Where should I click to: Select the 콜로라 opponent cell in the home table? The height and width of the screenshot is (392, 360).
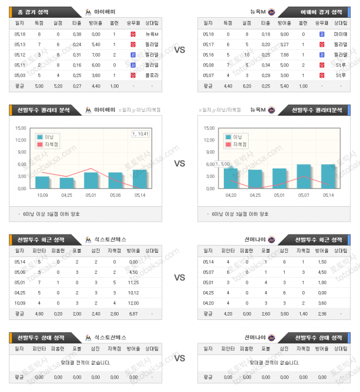tap(152, 75)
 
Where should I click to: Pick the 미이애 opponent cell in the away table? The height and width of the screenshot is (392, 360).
tap(341, 34)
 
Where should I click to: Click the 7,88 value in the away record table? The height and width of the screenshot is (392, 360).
tap(285, 54)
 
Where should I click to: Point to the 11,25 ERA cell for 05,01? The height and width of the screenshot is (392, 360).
tap(133, 282)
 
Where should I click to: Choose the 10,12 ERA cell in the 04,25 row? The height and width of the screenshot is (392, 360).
tap(133, 292)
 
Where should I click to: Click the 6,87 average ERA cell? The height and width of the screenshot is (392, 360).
tap(133, 313)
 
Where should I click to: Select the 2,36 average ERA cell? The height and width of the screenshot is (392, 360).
tap(322, 313)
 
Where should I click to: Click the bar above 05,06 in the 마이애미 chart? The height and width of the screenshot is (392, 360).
tap(115, 181)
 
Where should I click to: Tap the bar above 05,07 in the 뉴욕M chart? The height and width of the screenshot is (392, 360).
tap(304, 176)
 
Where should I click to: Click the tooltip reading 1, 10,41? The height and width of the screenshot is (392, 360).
tap(141, 134)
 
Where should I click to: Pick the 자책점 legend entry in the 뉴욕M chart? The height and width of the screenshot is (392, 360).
tap(239, 144)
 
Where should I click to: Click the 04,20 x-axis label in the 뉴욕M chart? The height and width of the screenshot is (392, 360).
tap(231, 195)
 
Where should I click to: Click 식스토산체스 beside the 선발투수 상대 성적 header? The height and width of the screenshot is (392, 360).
tap(110, 337)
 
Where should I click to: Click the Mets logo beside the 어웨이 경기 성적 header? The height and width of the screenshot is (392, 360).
tap(272, 11)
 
